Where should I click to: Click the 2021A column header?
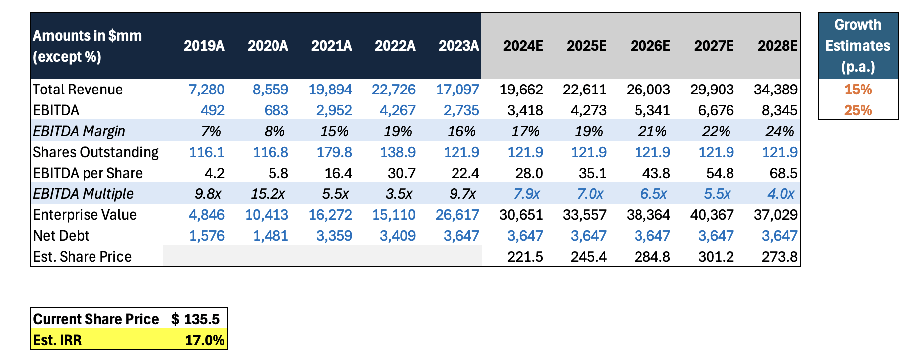[331, 46]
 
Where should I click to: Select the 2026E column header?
[650, 46]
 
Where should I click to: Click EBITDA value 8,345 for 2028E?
[779, 110]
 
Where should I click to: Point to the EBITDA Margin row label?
[79, 131]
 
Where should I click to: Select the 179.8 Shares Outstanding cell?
[334, 152]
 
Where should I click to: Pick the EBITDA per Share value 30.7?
[401, 173]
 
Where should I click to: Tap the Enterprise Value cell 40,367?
[712, 215]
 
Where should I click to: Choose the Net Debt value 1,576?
[207, 236]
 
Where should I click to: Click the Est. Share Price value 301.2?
[716, 257]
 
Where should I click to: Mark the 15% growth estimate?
[858, 90]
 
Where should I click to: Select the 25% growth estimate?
[858, 110]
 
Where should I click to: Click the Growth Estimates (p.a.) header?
[858, 46]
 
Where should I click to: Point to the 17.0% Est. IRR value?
[204, 340]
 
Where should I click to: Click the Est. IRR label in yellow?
[57, 340]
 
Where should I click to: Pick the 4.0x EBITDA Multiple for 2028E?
[781, 194]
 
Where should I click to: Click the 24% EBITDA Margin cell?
[779, 131]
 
